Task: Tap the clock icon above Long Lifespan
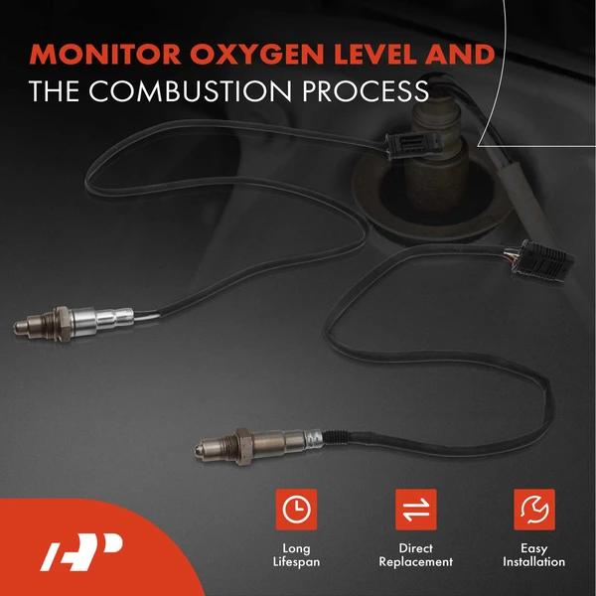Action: (x=295, y=510)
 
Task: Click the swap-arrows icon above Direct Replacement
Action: (x=416, y=510)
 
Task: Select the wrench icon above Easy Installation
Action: (x=534, y=510)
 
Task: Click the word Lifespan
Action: (x=295, y=562)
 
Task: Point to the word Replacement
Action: (x=416, y=562)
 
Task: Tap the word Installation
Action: (x=534, y=562)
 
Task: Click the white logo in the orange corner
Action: (x=82, y=549)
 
